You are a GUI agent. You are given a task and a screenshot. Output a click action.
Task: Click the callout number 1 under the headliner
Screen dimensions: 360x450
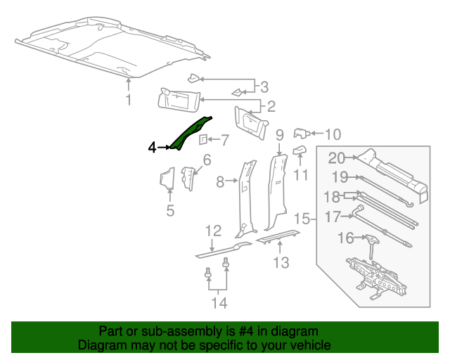(x=129, y=101)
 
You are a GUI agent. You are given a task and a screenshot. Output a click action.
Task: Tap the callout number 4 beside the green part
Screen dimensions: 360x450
(x=152, y=147)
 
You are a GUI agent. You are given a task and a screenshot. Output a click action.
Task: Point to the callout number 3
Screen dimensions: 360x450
(x=264, y=87)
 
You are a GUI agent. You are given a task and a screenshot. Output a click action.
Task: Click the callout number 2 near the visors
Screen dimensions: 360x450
(x=270, y=107)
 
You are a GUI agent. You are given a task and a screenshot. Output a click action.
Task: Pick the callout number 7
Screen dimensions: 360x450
(x=225, y=139)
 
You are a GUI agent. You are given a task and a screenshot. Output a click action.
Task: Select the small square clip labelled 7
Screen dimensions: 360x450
(x=202, y=139)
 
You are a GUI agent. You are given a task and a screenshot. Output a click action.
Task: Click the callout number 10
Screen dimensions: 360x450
(x=333, y=134)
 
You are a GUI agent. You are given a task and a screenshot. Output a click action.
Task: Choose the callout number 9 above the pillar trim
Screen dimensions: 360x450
(x=279, y=134)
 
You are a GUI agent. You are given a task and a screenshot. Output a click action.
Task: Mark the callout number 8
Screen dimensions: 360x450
(x=221, y=182)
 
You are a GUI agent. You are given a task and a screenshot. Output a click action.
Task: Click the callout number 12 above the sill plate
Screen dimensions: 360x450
(x=213, y=231)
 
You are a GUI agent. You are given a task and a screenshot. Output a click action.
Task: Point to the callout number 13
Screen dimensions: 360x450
(x=281, y=263)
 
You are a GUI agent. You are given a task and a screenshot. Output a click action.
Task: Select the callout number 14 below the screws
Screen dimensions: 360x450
(x=220, y=303)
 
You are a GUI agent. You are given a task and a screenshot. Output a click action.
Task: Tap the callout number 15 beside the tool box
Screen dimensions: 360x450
(x=302, y=219)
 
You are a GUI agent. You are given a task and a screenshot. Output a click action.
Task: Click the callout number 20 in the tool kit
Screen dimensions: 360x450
(x=337, y=158)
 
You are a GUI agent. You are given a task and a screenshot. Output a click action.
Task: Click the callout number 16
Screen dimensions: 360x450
(x=345, y=238)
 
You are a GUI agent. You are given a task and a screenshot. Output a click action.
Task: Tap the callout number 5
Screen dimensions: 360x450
(x=170, y=210)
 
